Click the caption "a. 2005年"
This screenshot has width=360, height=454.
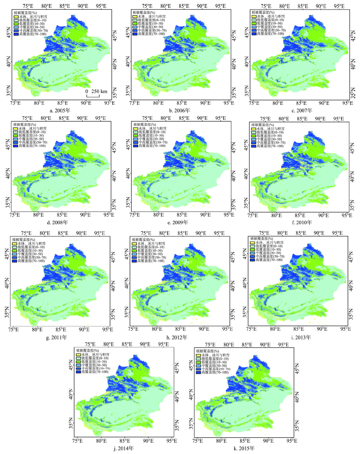pyautogui.click(x=61, y=110)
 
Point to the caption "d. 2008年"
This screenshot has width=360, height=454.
pyautogui.click(x=61, y=222)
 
